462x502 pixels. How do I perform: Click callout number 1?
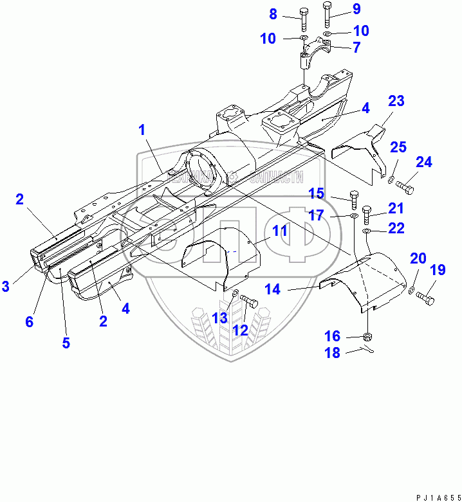(x=142, y=130)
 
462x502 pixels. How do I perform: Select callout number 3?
(x=6, y=287)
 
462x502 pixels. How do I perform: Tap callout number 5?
(x=66, y=343)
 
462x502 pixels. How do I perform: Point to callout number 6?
(x=30, y=322)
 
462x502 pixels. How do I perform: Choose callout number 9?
(x=356, y=9)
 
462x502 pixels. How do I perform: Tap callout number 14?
(x=272, y=290)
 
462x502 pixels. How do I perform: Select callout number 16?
(x=351, y=336)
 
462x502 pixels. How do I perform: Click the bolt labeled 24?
(x=405, y=188)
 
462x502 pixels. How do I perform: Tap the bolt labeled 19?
(x=425, y=298)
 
